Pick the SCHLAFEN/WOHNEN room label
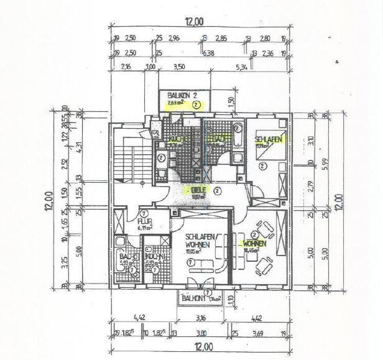[201, 241]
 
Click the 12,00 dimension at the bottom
[197, 347]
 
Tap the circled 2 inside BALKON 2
[196, 105]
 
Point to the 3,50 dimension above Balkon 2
[180, 67]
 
